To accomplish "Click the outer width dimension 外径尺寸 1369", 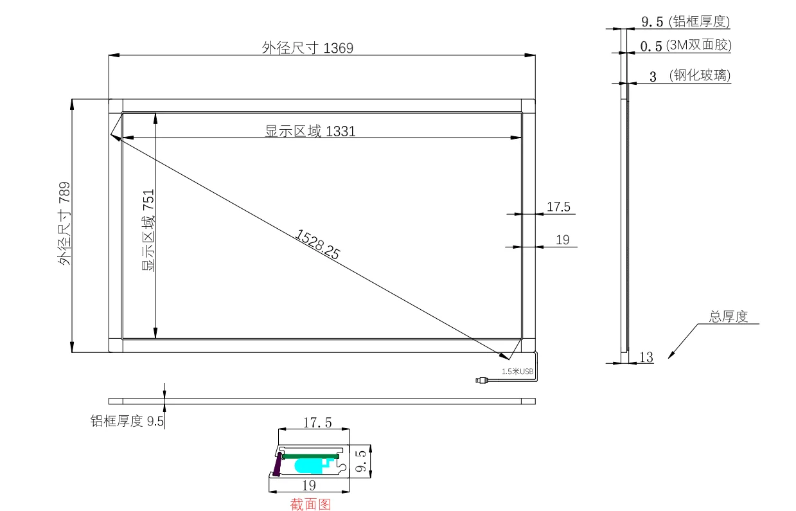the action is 307,48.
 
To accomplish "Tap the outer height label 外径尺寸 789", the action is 65,224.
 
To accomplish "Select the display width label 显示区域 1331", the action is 310,131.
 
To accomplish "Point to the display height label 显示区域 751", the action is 148,230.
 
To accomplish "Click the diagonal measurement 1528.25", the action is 317,244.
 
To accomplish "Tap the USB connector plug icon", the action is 482,381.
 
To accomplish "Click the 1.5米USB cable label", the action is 517,372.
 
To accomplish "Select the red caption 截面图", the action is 310,504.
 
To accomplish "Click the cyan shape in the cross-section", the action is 315,466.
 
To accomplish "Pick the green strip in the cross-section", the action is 310,456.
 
